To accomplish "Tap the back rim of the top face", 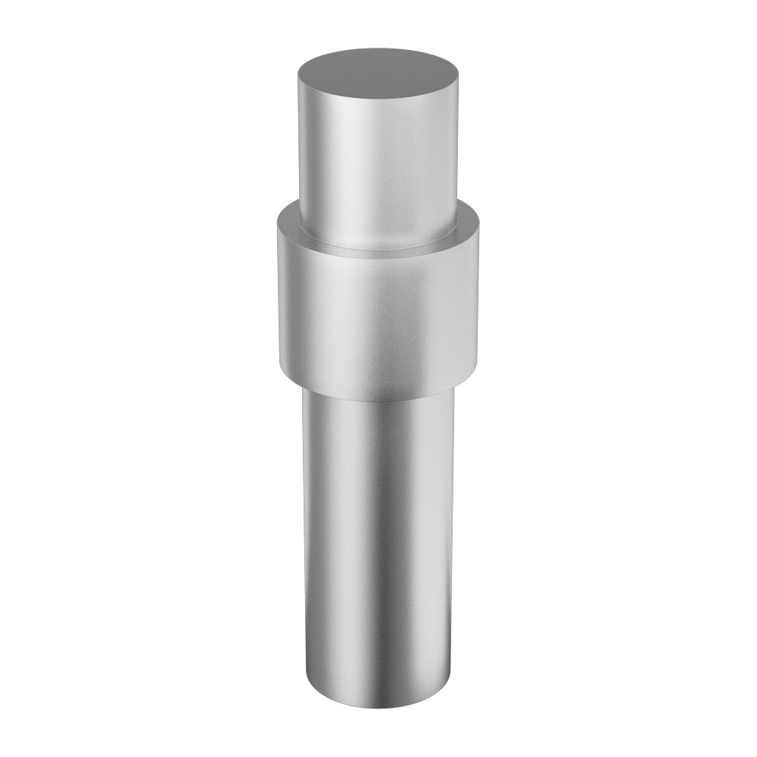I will click(378, 51).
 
